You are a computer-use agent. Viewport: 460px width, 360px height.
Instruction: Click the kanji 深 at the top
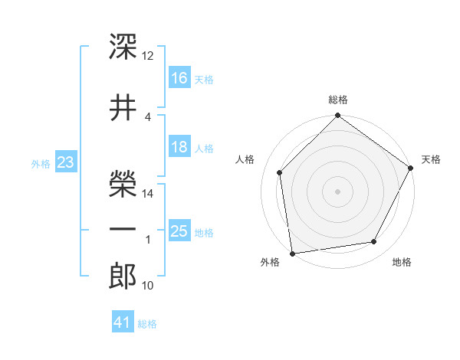(123, 47)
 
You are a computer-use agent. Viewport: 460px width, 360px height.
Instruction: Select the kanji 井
(123, 107)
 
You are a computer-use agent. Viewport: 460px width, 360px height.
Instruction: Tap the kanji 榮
(123, 184)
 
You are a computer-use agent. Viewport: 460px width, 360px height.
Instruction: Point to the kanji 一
(123, 229)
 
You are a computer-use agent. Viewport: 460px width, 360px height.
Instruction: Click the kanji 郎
(123, 276)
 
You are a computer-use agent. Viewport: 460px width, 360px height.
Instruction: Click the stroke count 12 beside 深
(147, 56)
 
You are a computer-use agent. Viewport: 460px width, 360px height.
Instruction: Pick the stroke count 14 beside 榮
(147, 194)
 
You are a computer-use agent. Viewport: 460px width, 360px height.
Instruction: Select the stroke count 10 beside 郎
(147, 285)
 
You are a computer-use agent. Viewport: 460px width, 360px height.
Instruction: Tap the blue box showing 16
(179, 77)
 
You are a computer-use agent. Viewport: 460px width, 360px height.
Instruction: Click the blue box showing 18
(179, 146)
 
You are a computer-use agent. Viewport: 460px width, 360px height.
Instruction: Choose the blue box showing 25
(179, 230)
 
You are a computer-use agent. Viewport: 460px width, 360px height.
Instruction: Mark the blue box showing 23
(66, 162)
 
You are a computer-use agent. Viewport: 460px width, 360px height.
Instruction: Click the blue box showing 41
(123, 321)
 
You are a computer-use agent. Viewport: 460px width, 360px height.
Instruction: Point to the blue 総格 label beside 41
(147, 324)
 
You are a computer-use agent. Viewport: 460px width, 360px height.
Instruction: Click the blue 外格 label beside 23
(41, 164)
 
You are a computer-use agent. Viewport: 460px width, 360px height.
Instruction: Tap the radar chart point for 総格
(337, 115)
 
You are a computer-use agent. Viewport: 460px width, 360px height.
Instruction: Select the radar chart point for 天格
(410, 168)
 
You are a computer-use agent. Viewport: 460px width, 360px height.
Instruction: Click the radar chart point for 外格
(293, 254)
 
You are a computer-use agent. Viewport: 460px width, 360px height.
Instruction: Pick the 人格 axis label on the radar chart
(245, 159)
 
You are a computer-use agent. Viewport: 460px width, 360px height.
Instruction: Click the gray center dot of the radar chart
(337, 191)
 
